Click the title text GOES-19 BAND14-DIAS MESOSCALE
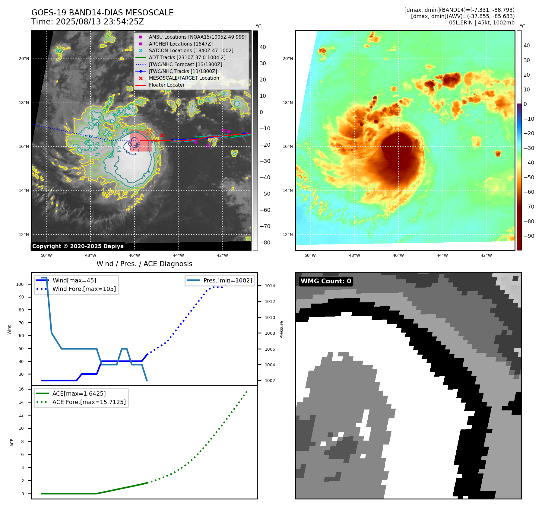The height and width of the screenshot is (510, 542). click(x=102, y=13)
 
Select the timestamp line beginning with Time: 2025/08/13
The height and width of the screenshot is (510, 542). click(x=87, y=22)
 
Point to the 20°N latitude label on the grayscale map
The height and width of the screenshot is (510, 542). click(x=24, y=59)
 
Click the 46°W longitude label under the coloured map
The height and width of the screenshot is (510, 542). click(x=398, y=255)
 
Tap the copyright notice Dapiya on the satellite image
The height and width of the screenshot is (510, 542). click(x=78, y=246)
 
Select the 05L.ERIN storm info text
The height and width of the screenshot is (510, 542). click(x=482, y=23)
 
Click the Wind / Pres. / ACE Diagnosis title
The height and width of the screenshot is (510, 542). click(x=144, y=264)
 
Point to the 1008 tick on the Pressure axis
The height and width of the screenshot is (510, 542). click(x=270, y=333)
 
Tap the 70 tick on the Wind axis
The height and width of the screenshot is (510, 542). click(x=21, y=323)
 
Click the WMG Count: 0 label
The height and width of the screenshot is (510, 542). click(x=326, y=281)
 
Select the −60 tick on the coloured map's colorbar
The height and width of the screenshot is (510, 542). click(x=529, y=192)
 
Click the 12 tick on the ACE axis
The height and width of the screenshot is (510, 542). click(x=21, y=415)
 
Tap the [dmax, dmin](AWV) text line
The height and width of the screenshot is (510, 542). click(x=462, y=16)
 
